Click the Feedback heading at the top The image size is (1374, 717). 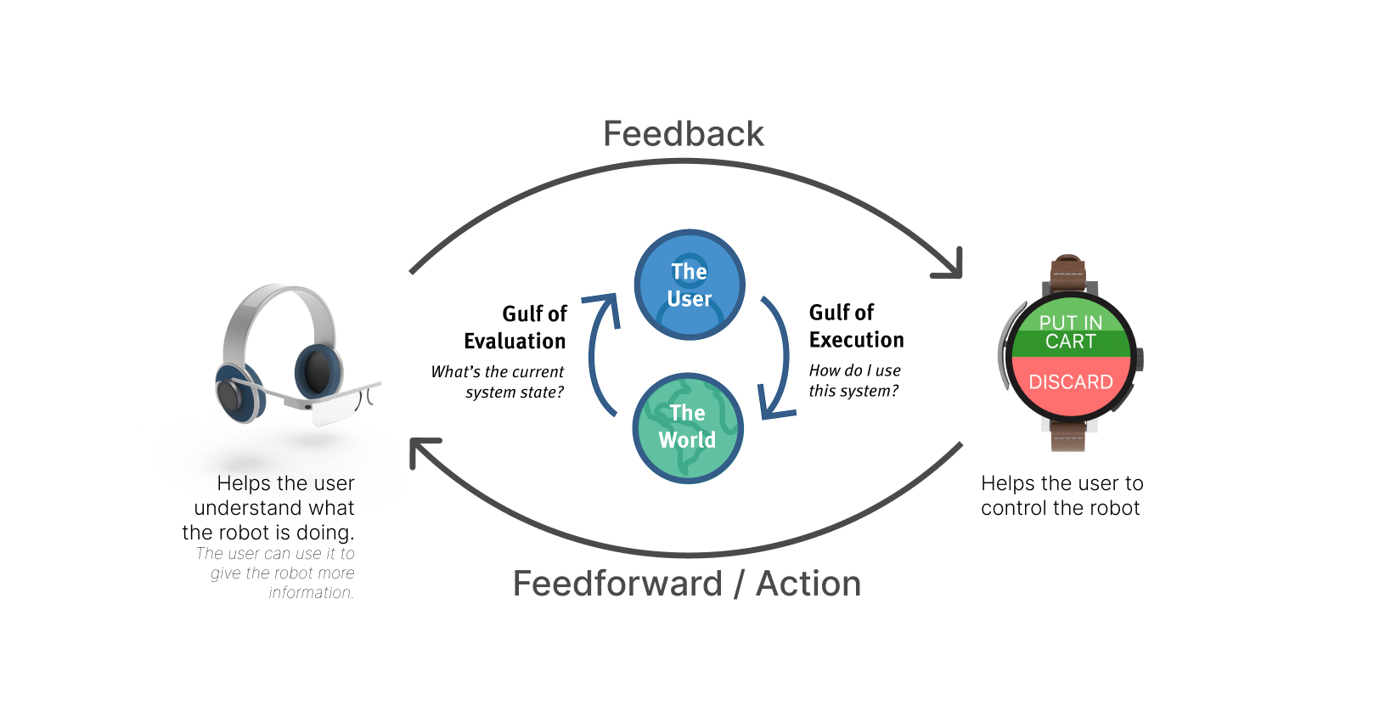pyautogui.click(x=684, y=134)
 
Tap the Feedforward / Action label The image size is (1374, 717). pyautogui.click(x=687, y=583)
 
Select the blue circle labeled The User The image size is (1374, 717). pyautogui.click(x=690, y=285)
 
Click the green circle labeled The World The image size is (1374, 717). pyautogui.click(x=688, y=428)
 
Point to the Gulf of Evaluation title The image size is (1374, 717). pyautogui.click(x=515, y=327)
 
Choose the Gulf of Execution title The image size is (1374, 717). pyautogui.click(x=856, y=326)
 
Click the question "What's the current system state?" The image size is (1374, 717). pyautogui.click(x=498, y=381)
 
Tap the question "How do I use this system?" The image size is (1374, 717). pyautogui.click(x=855, y=381)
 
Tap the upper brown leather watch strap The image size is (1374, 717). pyautogui.click(x=1068, y=274)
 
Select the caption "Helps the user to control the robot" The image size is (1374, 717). pyautogui.click(x=1061, y=495)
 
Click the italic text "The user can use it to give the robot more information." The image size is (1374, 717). pyautogui.click(x=275, y=573)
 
